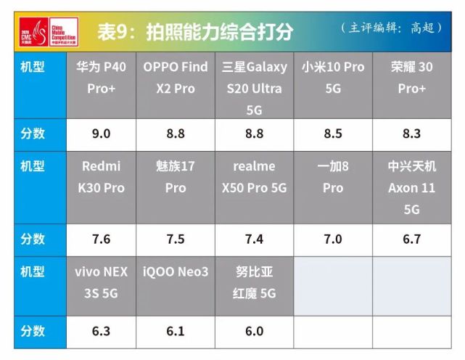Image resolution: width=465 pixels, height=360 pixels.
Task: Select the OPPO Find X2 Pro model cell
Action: [x=175, y=78]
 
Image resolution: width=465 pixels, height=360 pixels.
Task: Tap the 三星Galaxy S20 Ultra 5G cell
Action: [x=254, y=88]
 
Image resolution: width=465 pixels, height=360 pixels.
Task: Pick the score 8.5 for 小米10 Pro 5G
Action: [x=333, y=134]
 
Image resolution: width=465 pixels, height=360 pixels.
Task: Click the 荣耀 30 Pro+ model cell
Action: [x=411, y=78]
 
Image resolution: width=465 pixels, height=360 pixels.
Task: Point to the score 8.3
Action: [x=411, y=134]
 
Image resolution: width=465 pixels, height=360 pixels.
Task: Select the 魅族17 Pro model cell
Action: [x=175, y=177]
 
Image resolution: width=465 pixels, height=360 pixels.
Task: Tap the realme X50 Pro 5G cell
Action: [x=254, y=177]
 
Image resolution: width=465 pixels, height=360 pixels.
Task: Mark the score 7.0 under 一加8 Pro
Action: [x=333, y=240]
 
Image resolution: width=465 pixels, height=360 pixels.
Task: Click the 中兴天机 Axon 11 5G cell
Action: [x=411, y=187]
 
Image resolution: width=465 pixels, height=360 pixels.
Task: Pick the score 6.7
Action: [x=411, y=240]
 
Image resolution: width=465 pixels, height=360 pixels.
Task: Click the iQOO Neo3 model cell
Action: [x=175, y=272]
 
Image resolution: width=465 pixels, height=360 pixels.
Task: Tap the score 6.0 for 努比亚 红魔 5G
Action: [x=254, y=331]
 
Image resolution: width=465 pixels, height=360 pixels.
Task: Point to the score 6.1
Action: [x=175, y=331]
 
